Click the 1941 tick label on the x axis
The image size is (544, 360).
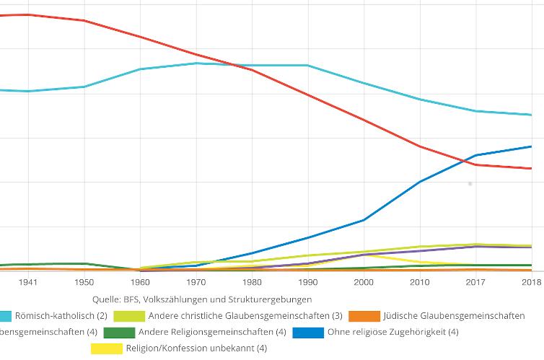tap(29, 282)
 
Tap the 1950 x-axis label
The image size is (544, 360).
tap(84, 282)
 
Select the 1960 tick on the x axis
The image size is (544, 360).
tap(141, 282)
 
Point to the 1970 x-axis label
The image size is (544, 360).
tap(196, 282)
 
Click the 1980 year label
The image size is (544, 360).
tap(253, 282)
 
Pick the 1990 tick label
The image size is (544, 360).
tap(308, 282)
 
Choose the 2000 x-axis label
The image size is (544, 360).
tap(364, 282)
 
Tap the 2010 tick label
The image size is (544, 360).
tap(420, 282)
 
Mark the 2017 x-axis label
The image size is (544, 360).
tap(475, 282)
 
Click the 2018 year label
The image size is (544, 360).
tap(532, 282)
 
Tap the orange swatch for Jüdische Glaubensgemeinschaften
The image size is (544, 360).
tap(364, 316)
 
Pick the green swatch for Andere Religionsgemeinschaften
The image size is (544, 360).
tap(119, 333)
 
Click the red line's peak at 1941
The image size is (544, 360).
tap(29, 14)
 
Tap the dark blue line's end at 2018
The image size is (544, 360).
tap(532, 146)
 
